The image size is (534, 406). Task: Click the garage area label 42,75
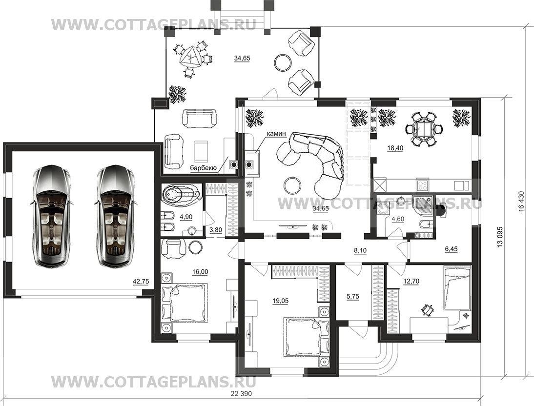coord(141,282)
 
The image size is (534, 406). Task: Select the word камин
coord(276,134)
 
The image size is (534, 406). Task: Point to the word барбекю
coord(204,168)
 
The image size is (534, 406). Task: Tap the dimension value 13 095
coord(500,236)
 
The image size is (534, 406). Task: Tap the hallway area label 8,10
coord(360,251)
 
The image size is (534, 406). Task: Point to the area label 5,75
coord(353,297)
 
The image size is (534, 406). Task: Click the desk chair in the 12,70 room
coord(427,309)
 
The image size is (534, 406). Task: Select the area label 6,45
coord(451,249)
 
